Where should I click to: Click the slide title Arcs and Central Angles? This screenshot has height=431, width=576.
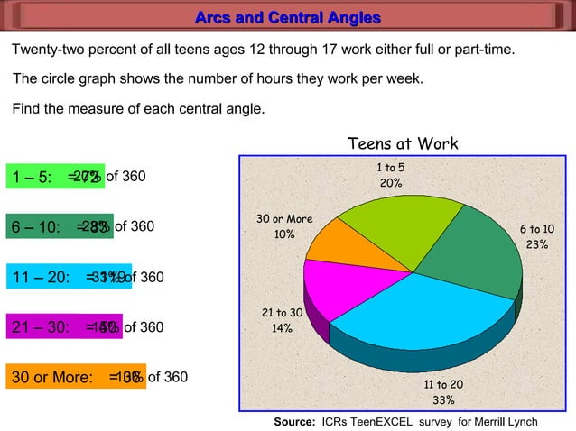click(288, 18)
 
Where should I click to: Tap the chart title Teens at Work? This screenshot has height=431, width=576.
click(403, 144)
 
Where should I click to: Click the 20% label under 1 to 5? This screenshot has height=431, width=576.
click(391, 183)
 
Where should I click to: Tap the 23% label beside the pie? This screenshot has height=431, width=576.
click(536, 244)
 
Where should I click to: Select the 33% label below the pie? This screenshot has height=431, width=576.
click(443, 400)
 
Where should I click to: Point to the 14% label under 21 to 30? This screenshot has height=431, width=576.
click(282, 328)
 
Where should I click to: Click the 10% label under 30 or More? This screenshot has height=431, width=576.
click(284, 234)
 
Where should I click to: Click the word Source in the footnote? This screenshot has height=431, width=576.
click(293, 422)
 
